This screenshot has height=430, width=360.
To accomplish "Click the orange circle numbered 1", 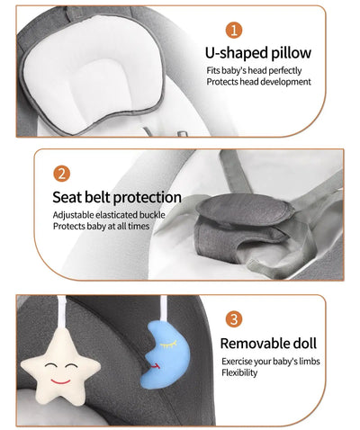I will click(x=235, y=31).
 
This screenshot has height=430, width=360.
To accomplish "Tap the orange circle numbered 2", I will click(x=62, y=173).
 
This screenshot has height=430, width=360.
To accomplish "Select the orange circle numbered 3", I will click(x=233, y=318).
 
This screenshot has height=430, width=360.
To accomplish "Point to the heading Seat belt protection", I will click(x=116, y=196).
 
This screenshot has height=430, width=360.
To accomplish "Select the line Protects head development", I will click(x=258, y=82).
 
